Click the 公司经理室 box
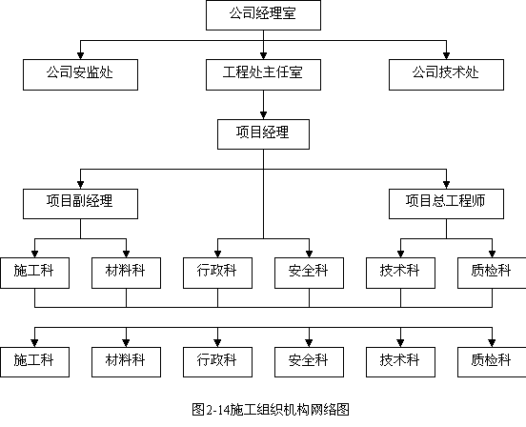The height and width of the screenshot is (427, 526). [x=263, y=15]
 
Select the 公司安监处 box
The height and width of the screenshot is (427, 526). [x=80, y=74]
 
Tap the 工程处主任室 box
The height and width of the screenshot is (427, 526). [x=263, y=74]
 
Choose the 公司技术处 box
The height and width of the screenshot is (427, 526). [x=446, y=74]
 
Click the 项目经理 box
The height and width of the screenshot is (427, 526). [x=263, y=134]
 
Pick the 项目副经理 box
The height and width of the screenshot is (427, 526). [x=80, y=204]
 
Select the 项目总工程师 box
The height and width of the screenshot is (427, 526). [x=446, y=204]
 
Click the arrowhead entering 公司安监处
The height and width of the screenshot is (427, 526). [x=80, y=56]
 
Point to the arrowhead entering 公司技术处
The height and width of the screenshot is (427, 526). [x=446, y=56]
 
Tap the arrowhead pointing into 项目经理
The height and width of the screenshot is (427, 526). [x=263, y=115]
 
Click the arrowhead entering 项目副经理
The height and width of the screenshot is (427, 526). [x=80, y=185]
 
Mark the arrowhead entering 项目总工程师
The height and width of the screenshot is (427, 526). [x=446, y=185]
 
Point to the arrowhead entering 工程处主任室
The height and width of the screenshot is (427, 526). [x=263, y=56]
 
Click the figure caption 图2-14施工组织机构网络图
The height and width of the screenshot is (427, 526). [x=271, y=410]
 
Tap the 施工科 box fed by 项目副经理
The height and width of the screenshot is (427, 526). [x=35, y=273]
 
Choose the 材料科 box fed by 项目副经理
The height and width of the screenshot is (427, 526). [x=126, y=273]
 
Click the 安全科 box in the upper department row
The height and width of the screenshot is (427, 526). [x=309, y=273]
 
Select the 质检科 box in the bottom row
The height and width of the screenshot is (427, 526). [x=492, y=362]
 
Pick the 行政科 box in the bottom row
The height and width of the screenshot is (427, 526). [x=217, y=362]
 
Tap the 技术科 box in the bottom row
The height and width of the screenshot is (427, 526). [x=400, y=362]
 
